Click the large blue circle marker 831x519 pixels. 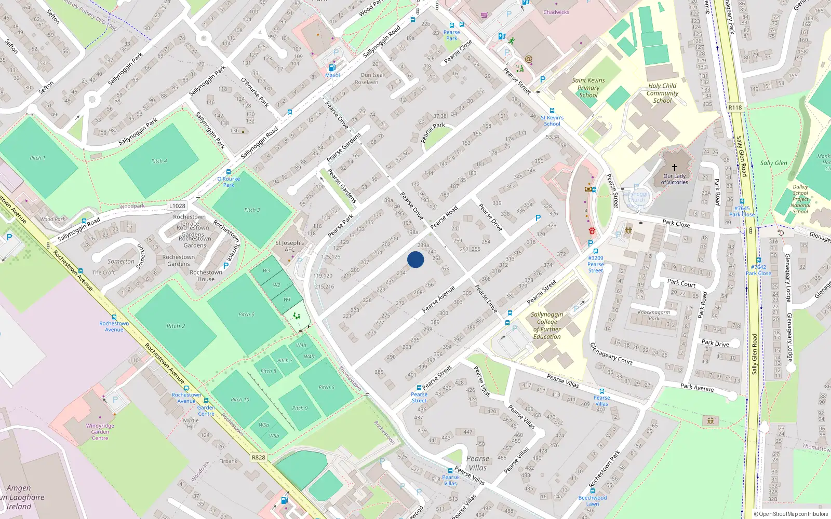click(x=415, y=259)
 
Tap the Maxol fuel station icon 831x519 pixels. click(x=332, y=67)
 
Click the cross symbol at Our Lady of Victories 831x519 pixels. click(x=675, y=168)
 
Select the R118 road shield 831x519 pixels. click(x=735, y=107)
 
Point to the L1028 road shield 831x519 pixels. click(x=177, y=206)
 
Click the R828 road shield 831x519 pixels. click(x=258, y=457)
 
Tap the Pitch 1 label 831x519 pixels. click(x=37, y=158)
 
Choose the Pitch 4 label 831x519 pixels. click(x=159, y=161)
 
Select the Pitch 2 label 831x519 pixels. click(x=176, y=326)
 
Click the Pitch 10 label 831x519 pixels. click(x=240, y=400)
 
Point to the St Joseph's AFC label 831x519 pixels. click(x=289, y=246)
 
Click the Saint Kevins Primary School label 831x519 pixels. click(x=588, y=88)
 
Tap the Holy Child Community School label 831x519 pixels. click(x=662, y=93)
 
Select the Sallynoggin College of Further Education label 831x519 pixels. click(x=547, y=325)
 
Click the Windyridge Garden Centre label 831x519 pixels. click(x=100, y=432)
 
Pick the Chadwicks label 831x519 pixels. click(x=556, y=12)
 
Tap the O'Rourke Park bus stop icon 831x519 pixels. click(x=228, y=172)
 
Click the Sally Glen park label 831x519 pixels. click(x=773, y=163)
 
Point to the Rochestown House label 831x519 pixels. click(x=206, y=276)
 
